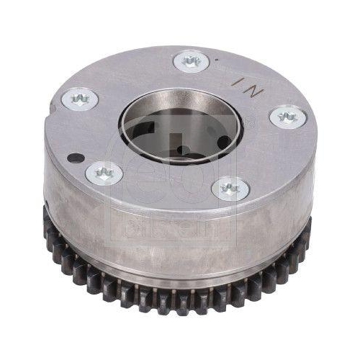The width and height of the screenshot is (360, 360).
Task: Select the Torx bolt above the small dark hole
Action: (79, 98)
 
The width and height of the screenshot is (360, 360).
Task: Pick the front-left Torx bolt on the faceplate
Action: (105, 172)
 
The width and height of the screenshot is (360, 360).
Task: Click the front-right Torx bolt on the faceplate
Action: (231, 189)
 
